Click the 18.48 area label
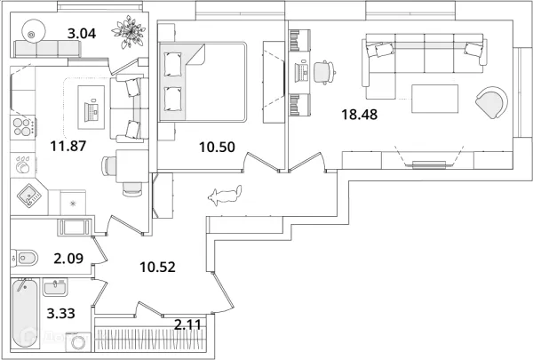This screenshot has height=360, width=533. tap(359, 115)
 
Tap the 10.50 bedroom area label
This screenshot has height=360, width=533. tap(217, 147)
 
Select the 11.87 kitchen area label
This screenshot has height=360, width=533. tap(68, 146)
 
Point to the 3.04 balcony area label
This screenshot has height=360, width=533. tap(82, 34)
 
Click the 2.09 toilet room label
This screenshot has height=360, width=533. tap(68, 259)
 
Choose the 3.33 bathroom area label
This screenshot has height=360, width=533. tap(60, 313)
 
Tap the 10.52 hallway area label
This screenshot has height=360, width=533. tap(157, 267)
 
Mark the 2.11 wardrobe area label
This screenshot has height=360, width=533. tap(187, 324)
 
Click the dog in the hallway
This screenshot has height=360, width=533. tap(225, 196)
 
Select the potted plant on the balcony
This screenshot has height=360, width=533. tap(131, 31)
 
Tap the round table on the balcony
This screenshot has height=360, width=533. tap(34, 31)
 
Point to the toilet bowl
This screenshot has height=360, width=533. tap(25, 258)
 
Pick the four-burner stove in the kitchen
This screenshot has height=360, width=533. tap(23, 126)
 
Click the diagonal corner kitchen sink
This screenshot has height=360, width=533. tap(29, 196)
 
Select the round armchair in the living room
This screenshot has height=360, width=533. tap(492, 102)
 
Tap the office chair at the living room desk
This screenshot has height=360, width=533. tap(324, 72)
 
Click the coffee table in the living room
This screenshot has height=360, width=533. tap(434, 99)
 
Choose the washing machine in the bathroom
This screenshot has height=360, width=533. tap(78, 341)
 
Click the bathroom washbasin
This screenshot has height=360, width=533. tap(55, 288)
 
